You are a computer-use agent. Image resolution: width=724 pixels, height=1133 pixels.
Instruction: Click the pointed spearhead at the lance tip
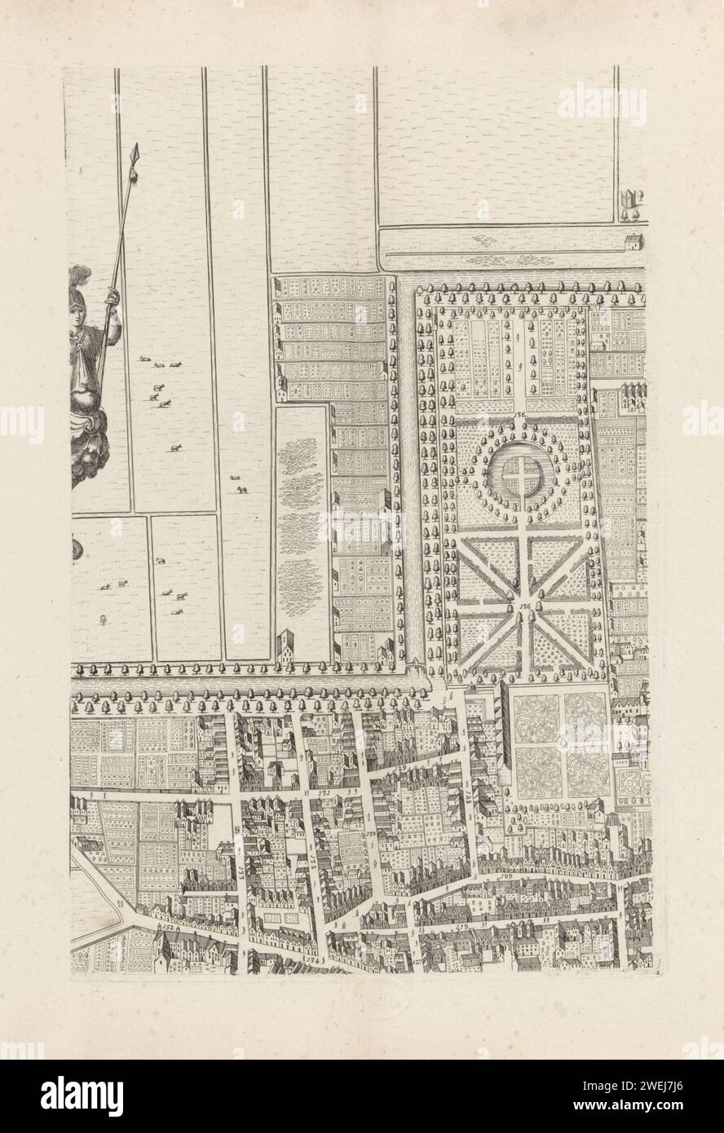click(135, 152)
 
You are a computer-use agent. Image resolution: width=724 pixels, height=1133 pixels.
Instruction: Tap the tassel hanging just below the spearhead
click(130, 174)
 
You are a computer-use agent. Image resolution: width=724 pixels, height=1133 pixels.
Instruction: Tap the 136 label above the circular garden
click(520, 416)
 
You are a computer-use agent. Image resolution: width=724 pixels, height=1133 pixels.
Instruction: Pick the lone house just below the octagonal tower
click(632, 241)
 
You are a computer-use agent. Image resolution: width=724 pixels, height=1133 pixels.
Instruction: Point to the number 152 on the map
click(169, 928)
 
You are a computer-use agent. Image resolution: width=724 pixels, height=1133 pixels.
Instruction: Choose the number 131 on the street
click(324, 791)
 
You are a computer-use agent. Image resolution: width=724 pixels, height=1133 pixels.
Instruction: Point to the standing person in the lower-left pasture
click(103, 621)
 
